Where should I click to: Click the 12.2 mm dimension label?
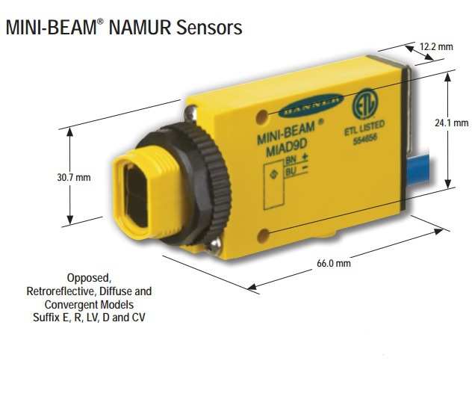point(435,46)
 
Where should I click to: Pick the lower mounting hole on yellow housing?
point(261,237)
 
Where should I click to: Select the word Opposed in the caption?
point(88,277)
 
